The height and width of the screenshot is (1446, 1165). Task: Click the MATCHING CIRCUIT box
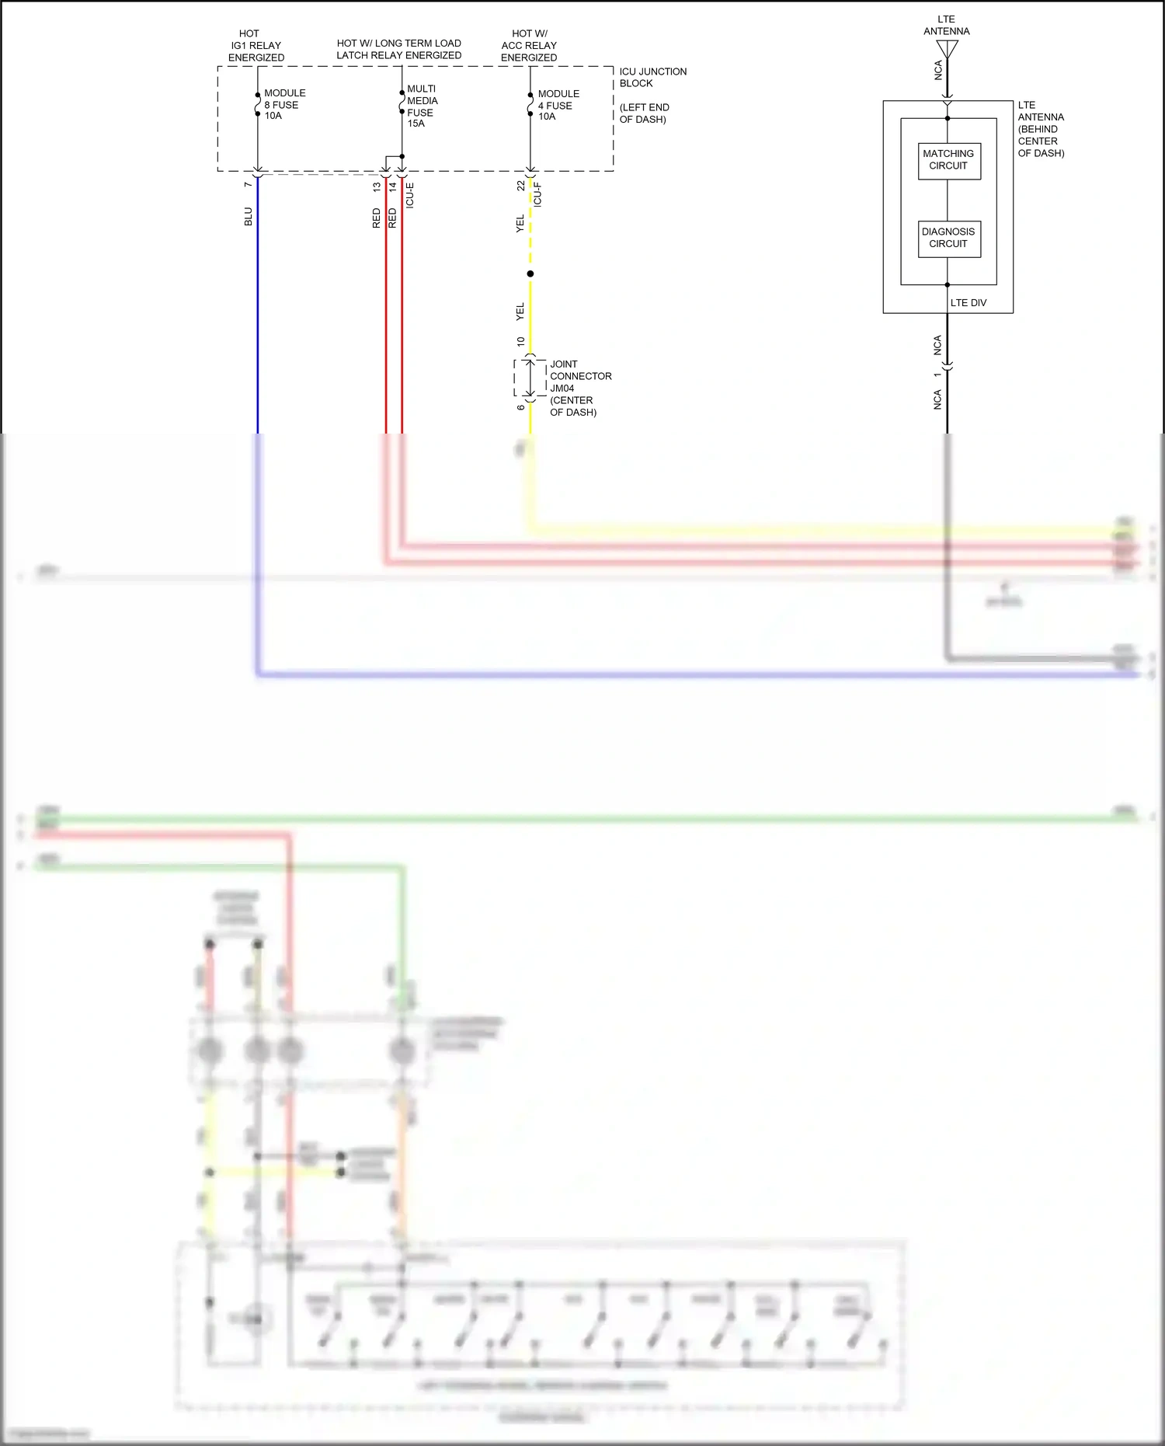948,160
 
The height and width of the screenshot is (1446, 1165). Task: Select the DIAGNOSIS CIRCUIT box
948,238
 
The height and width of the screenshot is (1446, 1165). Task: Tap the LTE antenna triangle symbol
948,49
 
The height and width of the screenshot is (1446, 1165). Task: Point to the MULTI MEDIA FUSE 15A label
422,106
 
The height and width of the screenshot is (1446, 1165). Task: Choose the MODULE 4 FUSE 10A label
558,105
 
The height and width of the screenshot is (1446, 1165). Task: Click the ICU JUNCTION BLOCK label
652,78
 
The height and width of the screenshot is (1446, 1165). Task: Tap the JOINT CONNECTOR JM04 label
580,376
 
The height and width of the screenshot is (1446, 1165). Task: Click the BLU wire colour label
249,216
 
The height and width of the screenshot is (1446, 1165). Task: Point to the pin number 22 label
521,186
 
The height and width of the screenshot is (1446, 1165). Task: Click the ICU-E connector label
410,195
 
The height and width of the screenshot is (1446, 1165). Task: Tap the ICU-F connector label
537,194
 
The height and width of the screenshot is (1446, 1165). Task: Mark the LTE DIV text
968,303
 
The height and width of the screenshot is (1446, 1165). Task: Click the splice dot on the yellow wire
530,274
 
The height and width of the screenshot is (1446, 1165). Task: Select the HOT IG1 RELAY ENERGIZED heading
256,46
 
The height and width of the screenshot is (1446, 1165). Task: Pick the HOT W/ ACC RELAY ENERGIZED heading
529,46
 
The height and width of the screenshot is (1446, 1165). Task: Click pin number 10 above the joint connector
521,341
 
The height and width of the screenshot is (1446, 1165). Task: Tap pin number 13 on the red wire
377,187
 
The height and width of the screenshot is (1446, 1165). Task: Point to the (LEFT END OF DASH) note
644,113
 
